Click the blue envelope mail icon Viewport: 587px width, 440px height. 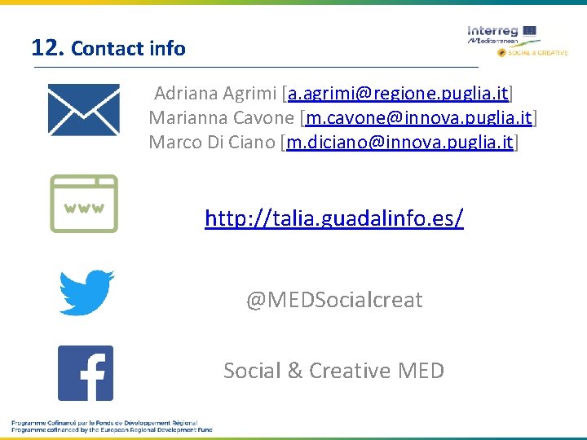tap(83, 110)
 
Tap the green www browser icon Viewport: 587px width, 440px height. tap(83, 204)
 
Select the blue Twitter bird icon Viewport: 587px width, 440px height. tap(86, 292)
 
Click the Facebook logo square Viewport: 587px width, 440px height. tap(86, 373)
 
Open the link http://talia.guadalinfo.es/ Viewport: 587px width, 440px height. tap(334, 218)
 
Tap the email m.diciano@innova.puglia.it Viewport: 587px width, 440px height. tap(400, 143)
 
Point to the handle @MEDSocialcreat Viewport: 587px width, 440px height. tap(334, 300)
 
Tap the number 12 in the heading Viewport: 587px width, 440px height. tap(46, 47)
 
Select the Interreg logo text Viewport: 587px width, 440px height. tap(492, 31)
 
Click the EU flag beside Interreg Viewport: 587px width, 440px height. tap(529, 31)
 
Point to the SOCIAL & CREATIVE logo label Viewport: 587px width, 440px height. tap(537, 52)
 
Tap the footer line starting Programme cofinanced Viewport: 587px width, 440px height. tap(112, 429)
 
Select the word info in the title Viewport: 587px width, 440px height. tap(168, 49)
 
